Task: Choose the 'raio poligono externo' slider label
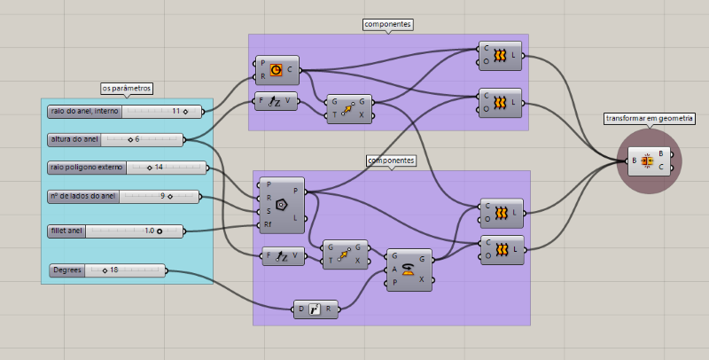click(87, 168)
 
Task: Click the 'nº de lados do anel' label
click(83, 196)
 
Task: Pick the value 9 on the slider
click(162, 196)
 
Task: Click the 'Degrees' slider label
click(67, 270)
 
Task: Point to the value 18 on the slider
click(113, 270)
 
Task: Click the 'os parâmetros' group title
click(127, 89)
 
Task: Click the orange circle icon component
click(276, 68)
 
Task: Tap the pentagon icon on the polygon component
click(281, 204)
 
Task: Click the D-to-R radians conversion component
click(316, 309)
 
